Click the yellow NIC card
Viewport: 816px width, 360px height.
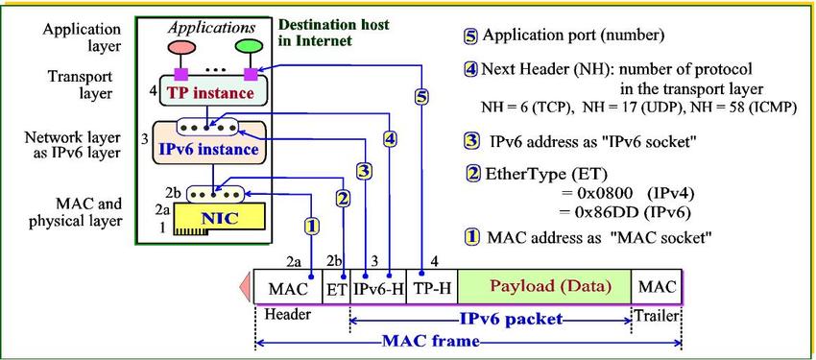click(x=220, y=219)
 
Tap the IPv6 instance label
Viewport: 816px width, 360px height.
click(x=208, y=150)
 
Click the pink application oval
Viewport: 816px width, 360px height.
click(x=181, y=47)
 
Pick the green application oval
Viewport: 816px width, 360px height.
click(x=250, y=46)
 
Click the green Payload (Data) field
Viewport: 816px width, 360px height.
click(x=544, y=286)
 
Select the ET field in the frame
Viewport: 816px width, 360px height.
click(x=337, y=287)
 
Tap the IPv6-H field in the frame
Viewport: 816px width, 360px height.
click(x=378, y=287)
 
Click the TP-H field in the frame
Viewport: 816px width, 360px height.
click(x=432, y=287)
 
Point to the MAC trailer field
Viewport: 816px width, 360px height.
click(x=657, y=286)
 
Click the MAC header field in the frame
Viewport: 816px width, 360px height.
click(x=288, y=287)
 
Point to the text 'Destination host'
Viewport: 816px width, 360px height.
click(x=333, y=24)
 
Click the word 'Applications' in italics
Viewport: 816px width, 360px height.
click(x=212, y=28)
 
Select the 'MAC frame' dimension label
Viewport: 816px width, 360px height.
click(x=431, y=342)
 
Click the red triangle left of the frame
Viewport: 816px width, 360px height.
click(x=245, y=287)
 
